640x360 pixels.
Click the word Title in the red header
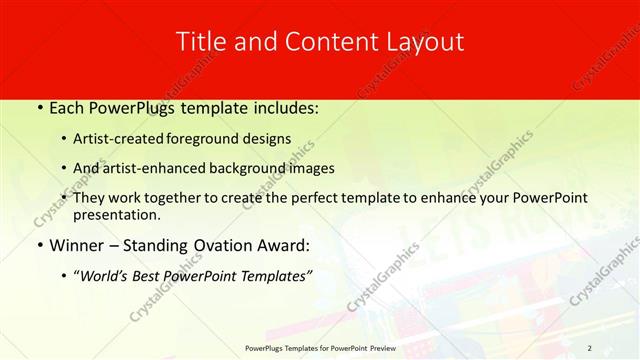(198, 42)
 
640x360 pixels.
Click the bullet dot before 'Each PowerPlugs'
(38, 106)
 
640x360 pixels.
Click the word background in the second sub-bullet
(248, 168)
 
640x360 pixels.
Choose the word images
(311, 168)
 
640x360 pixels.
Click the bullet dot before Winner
(38, 245)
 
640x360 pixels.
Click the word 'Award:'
(285, 245)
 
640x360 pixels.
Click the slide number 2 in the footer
(590, 348)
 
